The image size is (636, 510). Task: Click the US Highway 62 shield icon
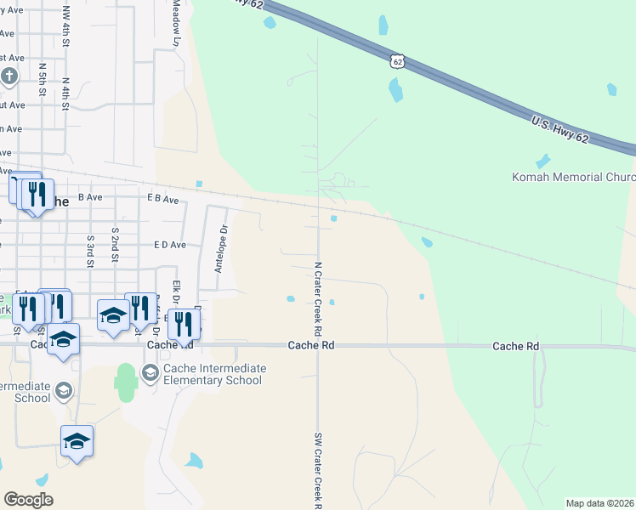397,61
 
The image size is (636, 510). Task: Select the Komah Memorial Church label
573,178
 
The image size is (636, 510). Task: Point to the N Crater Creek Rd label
318,297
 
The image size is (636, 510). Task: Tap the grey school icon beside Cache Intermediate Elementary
150,372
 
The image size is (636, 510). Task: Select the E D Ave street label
169,245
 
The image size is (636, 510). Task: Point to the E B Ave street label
162,199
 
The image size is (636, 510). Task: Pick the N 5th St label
43,78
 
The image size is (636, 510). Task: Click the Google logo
28,500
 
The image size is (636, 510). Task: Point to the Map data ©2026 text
599,503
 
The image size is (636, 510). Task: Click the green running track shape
126,382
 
